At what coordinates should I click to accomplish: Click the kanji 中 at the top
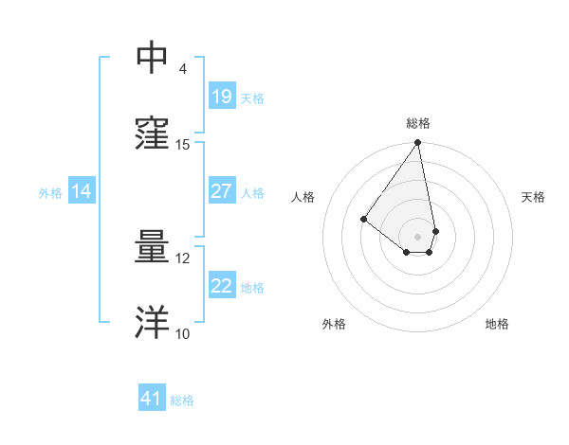coord(153,58)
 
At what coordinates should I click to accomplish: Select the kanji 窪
coord(153,133)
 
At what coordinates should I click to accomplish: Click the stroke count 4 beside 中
coord(182,69)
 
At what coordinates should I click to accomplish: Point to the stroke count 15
coord(183,145)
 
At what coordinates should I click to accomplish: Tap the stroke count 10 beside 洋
coord(183,334)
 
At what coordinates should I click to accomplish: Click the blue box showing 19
coord(222,97)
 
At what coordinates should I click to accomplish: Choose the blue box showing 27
coord(222,191)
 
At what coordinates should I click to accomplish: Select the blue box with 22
coord(222,286)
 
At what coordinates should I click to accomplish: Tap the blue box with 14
coord(82,191)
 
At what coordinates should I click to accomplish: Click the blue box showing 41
coord(152,399)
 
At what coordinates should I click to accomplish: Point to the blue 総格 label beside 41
coord(182,400)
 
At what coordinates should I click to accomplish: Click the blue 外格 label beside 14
coord(50,193)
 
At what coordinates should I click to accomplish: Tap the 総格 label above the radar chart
coord(418,123)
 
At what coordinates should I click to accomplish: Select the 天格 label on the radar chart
coord(534,197)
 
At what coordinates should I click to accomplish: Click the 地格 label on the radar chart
coord(497,324)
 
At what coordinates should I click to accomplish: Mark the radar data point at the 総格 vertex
coord(418,143)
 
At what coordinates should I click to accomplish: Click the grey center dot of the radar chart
coord(418,236)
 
